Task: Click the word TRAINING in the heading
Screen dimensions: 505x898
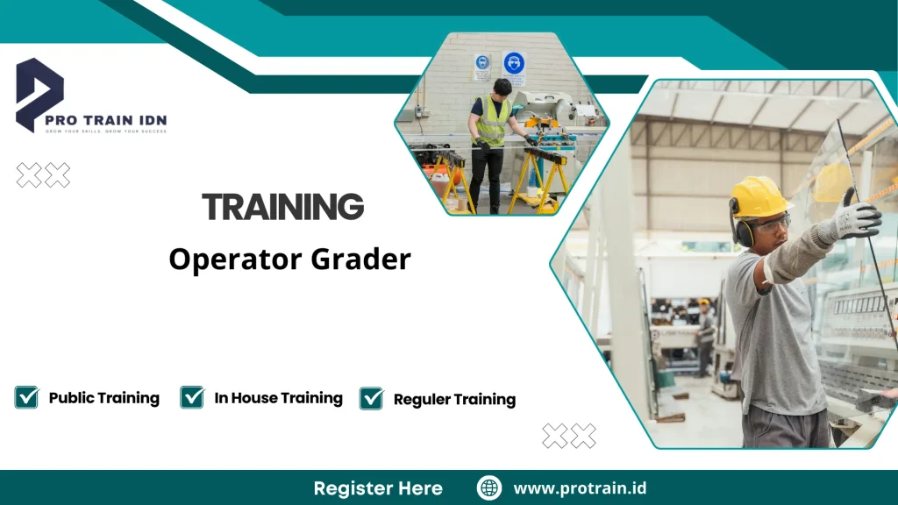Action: [282, 207]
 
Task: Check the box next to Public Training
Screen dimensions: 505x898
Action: [26, 397]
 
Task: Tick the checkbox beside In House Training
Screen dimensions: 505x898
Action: [192, 397]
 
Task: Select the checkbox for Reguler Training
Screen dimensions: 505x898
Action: [371, 399]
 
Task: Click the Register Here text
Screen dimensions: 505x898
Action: [378, 488]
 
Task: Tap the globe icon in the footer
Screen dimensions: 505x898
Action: [489, 488]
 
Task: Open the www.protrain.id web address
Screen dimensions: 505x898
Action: [580, 488]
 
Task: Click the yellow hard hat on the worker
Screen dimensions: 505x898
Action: [759, 196]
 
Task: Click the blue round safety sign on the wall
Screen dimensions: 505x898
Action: [514, 64]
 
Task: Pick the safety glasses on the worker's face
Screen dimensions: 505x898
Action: [770, 224]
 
